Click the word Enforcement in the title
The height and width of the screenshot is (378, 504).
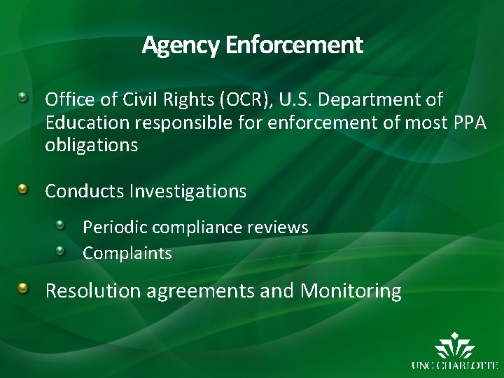click(x=294, y=45)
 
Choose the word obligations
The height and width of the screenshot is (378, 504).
click(x=91, y=146)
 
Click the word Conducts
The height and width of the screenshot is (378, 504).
click(x=84, y=190)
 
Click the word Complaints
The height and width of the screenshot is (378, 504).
click(x=127, y=253)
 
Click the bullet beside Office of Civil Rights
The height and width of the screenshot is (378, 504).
click(x=24, y=97)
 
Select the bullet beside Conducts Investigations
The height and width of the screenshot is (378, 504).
click(x=24, y=188)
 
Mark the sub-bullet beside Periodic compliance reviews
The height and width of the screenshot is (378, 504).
click(x=61, y=225)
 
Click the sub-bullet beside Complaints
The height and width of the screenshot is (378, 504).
click(x=61, y=251)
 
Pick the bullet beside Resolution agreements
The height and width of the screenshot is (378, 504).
click(x=24, y=288)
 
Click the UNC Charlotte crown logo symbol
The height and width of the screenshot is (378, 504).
click(x=454, y=347)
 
